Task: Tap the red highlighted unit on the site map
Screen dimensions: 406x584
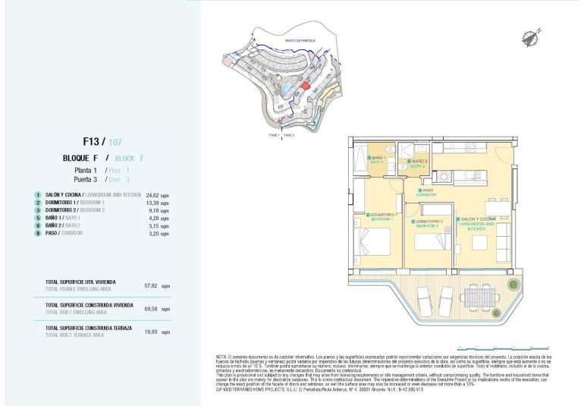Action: click(x=306, y=87)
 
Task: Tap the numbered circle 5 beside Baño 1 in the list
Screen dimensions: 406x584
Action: click(x=36, y=218)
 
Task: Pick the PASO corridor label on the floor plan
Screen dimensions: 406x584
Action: click(x=427, y=191)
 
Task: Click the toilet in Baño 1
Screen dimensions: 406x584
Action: click(x=388, y=149)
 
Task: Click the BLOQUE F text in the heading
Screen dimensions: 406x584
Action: click(x=81, y=158)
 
